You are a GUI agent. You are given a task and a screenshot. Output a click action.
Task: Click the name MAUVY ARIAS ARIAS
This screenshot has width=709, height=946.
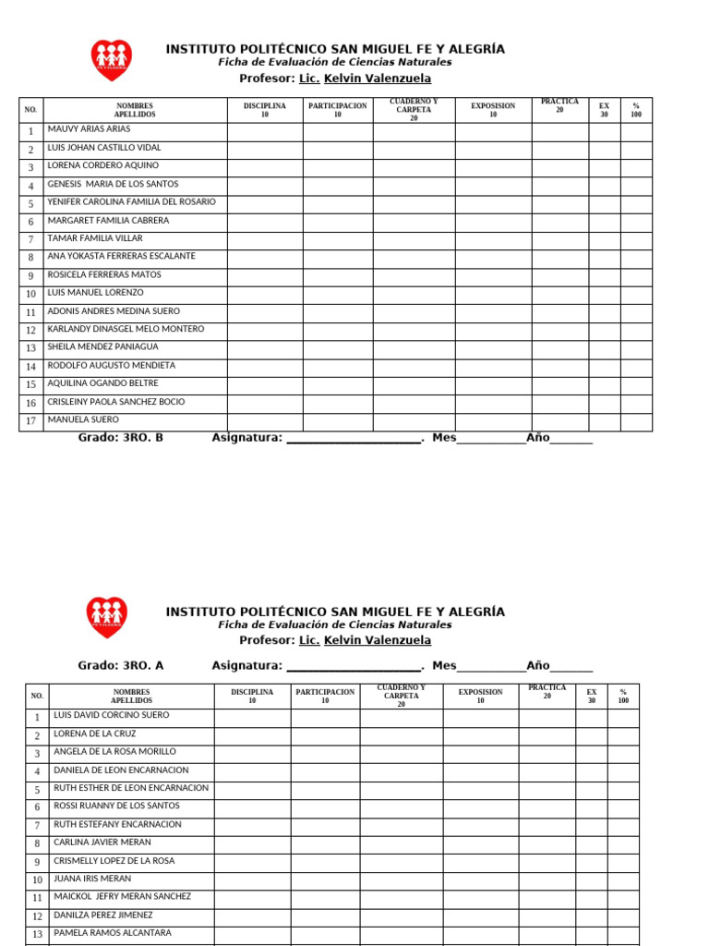coord(89,130)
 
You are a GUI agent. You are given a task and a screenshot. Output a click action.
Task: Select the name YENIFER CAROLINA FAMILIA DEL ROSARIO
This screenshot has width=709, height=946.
coord(131,202)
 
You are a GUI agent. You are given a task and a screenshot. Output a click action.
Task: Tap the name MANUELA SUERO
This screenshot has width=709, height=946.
coord(83,420)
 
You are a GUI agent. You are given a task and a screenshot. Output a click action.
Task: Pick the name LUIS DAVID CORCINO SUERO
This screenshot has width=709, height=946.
coord(112,716)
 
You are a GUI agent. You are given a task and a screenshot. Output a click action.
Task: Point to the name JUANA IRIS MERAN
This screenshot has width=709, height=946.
coord(92,879)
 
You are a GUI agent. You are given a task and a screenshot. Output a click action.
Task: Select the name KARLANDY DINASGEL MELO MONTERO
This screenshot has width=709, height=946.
coord(126,330)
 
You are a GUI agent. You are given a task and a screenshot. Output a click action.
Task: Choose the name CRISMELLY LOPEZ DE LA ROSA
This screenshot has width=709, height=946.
coord(114,861)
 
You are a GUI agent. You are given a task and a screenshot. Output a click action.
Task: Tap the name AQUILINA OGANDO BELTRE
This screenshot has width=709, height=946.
coord(102,383)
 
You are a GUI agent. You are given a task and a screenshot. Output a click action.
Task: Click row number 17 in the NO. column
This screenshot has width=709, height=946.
coord(30,421)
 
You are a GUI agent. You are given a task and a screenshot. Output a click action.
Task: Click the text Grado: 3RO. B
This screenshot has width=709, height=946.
coord(120,438)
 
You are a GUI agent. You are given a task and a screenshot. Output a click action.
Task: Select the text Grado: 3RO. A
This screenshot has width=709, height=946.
coord(120,665)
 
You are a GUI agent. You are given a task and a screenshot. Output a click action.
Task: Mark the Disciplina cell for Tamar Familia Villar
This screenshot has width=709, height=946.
coord(265,239)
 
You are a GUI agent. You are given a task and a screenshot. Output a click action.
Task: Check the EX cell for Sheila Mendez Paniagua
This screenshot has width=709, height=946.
coord(604,348)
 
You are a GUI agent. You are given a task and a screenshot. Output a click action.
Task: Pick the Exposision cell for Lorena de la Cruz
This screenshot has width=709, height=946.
coord(480,735)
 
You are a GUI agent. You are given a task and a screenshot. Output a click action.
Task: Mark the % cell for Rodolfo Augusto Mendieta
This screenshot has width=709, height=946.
coord(636,367)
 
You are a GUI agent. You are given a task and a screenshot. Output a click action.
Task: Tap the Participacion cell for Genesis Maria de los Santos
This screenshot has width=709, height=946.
coord(338,185)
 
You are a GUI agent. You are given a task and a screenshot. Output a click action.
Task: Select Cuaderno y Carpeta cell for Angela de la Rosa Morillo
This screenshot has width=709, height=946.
coord(401,753)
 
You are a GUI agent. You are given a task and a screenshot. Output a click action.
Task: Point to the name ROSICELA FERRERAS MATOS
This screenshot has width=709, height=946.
coord(104,275)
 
